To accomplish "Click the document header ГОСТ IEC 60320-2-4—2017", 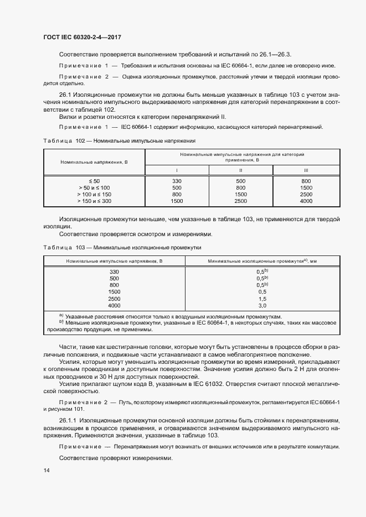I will pos(82,38).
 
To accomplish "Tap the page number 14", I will pos(46,470).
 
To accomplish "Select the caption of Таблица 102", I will pos(120,141).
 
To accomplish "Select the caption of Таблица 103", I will pos(122,248).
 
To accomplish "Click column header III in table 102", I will pos(306,170).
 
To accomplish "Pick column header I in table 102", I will pos(177,170).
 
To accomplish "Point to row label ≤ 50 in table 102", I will pos(95,181).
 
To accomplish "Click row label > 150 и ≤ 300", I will pos(95,201).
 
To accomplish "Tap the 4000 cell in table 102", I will pos(306,201).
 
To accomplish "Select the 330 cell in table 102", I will pos(177,181).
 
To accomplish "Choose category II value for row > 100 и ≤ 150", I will pos(241,195).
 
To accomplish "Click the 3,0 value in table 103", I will pos(262,305).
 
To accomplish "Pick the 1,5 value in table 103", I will pos(262,299).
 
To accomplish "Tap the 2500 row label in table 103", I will pos(114,299).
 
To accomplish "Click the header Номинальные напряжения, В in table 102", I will pos(94,162).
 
